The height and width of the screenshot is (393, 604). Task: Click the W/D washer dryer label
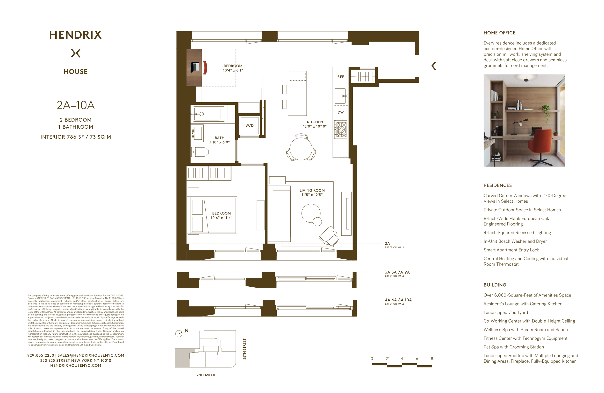(x=250, y=125)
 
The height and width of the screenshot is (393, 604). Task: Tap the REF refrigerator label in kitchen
(x=341, y=77)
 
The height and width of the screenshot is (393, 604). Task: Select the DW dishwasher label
(x=341, y=112)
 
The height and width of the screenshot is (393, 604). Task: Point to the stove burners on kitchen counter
(x=341, y=130)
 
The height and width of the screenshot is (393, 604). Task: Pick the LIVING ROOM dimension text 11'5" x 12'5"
(x=312, y=195)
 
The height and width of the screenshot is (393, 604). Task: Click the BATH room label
(x=220, y=138)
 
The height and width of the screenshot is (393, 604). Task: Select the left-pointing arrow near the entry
(x=434, y=66)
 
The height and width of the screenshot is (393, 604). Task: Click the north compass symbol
(x=179, y=333)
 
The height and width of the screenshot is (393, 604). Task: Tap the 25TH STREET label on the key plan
(x=245, y=349)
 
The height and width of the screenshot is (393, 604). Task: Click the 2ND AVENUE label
(x=207, y=375)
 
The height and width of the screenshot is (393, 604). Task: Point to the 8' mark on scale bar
(x=432, y=359)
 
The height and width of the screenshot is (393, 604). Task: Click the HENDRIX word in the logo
(x=75, y=35)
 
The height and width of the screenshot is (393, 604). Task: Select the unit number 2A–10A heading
(x=76, y=105)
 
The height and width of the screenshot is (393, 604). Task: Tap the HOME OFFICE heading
(x=499, y=33)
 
